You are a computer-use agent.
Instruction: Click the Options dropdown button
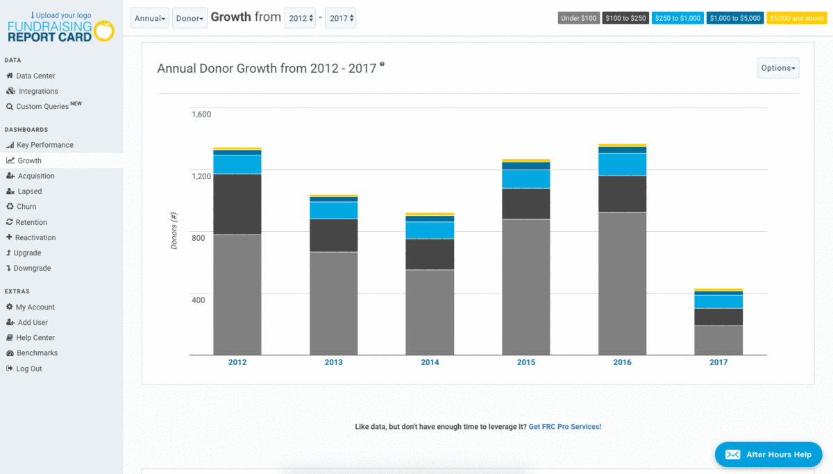777,68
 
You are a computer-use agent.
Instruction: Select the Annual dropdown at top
149,18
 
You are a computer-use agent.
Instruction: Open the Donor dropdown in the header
190,18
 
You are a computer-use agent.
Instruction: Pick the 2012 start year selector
300,18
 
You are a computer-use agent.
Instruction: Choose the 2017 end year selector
340,18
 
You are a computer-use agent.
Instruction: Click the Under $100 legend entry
579,18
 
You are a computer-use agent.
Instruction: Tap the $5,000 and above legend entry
796,18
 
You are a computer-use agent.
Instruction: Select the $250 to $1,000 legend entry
678,18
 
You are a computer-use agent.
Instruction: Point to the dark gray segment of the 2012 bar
237,204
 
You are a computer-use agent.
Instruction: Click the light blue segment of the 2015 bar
526,179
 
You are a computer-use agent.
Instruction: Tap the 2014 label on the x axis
430,362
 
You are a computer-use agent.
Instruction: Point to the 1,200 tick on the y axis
201,176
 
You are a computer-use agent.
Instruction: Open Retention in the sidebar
32,222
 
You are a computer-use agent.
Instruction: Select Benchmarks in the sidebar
37,353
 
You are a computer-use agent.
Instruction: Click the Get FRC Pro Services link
564,427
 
